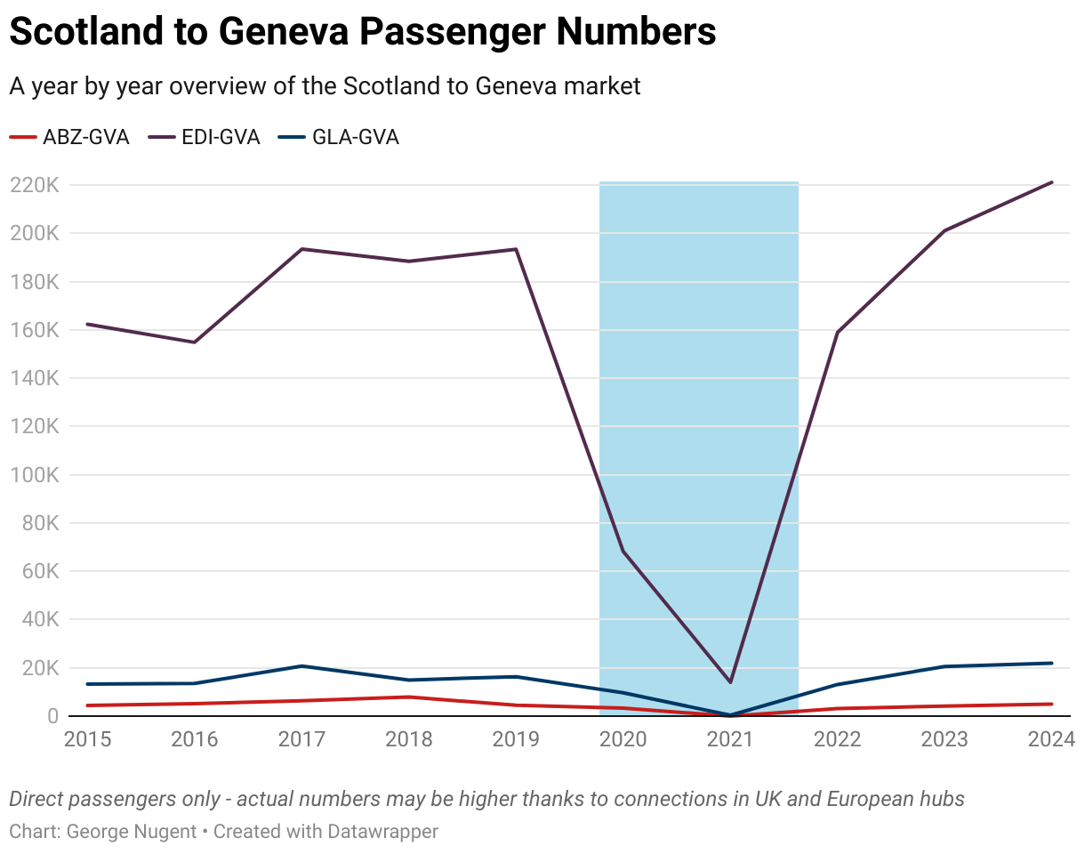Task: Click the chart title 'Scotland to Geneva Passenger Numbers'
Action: pos(362,33)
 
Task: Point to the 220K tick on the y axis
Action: pos(35,186)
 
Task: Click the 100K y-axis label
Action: pos(35,475)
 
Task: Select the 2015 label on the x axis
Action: pos(87,739)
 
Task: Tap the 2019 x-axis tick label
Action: pos(516,739)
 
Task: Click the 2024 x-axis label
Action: pos(1051,739)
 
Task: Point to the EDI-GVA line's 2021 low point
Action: pos(730,682)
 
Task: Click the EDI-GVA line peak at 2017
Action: pos(301,249)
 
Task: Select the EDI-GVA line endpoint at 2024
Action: pos(1052,182)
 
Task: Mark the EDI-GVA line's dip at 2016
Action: pos(195,342)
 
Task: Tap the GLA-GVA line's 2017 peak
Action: pos(301,666)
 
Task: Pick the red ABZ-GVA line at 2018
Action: pos(409,697)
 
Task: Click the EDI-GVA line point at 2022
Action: pos(838,333)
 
